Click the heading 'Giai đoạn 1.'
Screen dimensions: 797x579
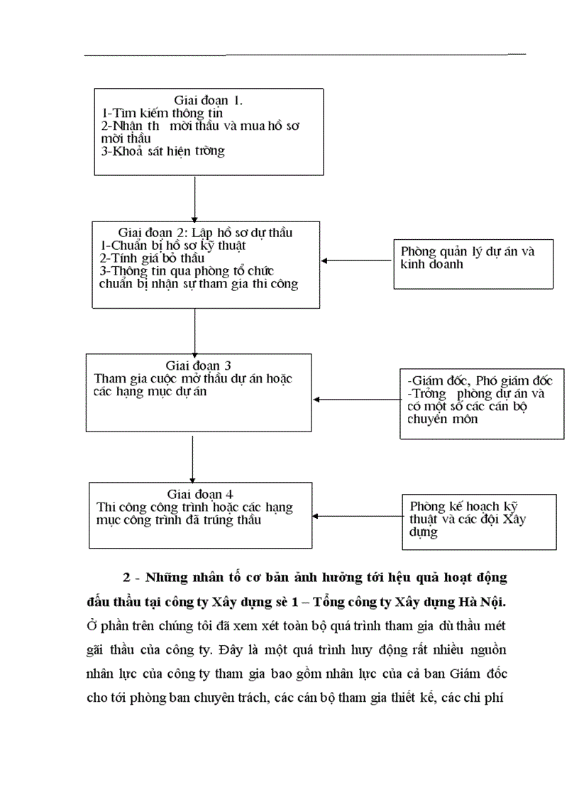coord(209,100)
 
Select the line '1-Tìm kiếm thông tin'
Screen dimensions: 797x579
coord(162,113)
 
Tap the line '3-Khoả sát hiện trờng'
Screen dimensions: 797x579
coord(163,151)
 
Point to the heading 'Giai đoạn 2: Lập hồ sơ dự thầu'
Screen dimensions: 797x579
coord(206,233)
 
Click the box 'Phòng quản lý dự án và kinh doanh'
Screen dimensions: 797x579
coord(474,263)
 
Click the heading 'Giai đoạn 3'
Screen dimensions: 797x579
coord(199,366)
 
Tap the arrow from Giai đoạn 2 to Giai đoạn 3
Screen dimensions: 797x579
coord(194,330)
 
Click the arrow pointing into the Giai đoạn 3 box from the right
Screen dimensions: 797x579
coord(355,399)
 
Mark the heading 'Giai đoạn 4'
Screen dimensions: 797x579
coord(201,494)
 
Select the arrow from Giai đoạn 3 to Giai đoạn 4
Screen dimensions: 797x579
coord(193,458)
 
